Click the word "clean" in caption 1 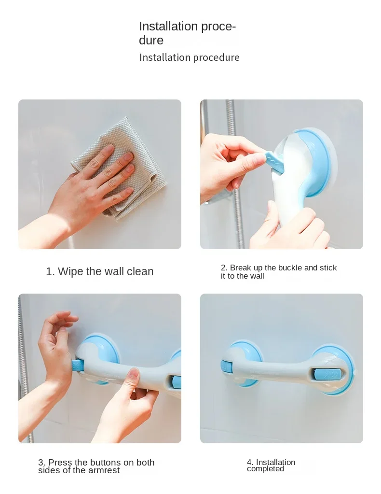140,271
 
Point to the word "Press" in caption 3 60,463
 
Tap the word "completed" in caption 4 265,469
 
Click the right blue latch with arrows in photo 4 327,374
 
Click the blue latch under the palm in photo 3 77,365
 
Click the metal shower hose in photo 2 235,173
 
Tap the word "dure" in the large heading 151,41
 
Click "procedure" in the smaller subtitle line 216,57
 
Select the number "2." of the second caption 224,268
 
